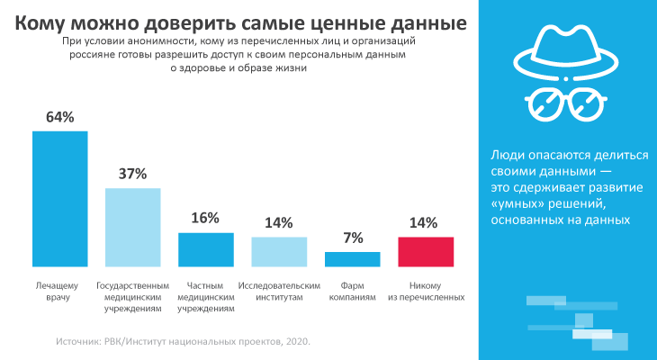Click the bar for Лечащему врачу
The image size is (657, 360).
[x=59, y=198]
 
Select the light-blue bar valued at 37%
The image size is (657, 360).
[x=133, y=227]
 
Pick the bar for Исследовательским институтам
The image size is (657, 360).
[x=279, y=251]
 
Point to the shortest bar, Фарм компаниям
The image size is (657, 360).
[x=352, y=259]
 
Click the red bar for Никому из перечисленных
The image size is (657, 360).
[x=425, y=251]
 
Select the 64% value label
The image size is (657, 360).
[x=59, y=117]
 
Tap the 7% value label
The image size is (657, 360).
[x=352, y=238]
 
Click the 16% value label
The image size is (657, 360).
[x=206, y=219]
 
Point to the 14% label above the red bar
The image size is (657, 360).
[x=425, y=222]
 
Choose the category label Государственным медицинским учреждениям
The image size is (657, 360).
[x=133, y=295]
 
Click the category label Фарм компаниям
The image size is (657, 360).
[x=352, y=290]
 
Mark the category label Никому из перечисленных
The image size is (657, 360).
[x=426, y=290]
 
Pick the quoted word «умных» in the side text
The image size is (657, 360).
[x=519, y=203]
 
